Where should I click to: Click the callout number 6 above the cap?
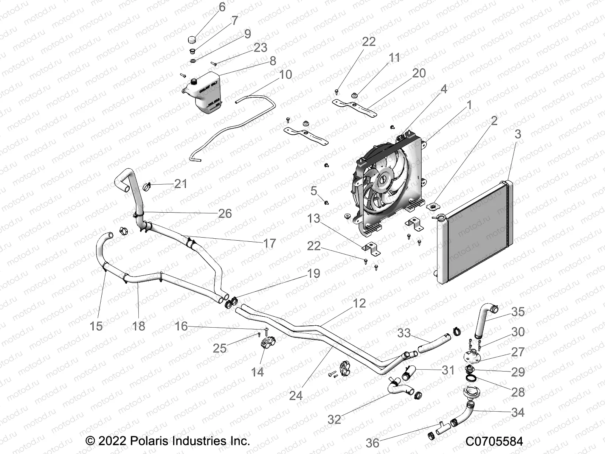222,7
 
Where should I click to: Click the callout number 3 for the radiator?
518,134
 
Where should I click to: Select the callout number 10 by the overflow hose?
285,75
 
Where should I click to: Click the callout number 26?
225,213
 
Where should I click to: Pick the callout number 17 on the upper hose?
269,243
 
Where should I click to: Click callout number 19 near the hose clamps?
313,273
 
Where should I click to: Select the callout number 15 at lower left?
96,326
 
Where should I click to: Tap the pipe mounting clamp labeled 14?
267,344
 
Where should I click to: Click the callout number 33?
404,333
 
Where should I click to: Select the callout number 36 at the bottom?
372,443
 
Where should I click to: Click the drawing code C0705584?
494,441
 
